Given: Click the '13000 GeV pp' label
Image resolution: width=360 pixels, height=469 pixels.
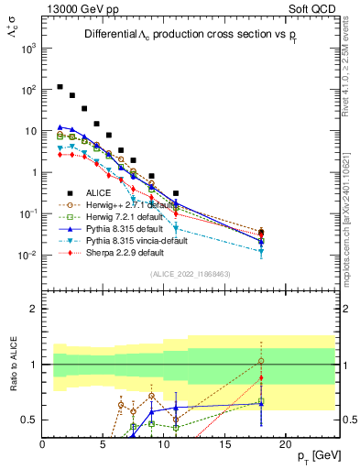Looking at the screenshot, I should click(x=75, y=9).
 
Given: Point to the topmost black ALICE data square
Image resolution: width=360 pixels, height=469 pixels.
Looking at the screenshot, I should click(x=60, y=87).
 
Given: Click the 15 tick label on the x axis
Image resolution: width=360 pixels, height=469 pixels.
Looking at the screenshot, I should click(x=224, y=443).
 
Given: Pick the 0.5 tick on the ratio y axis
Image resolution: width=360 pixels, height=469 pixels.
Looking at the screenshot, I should click(x=29, y=420).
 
